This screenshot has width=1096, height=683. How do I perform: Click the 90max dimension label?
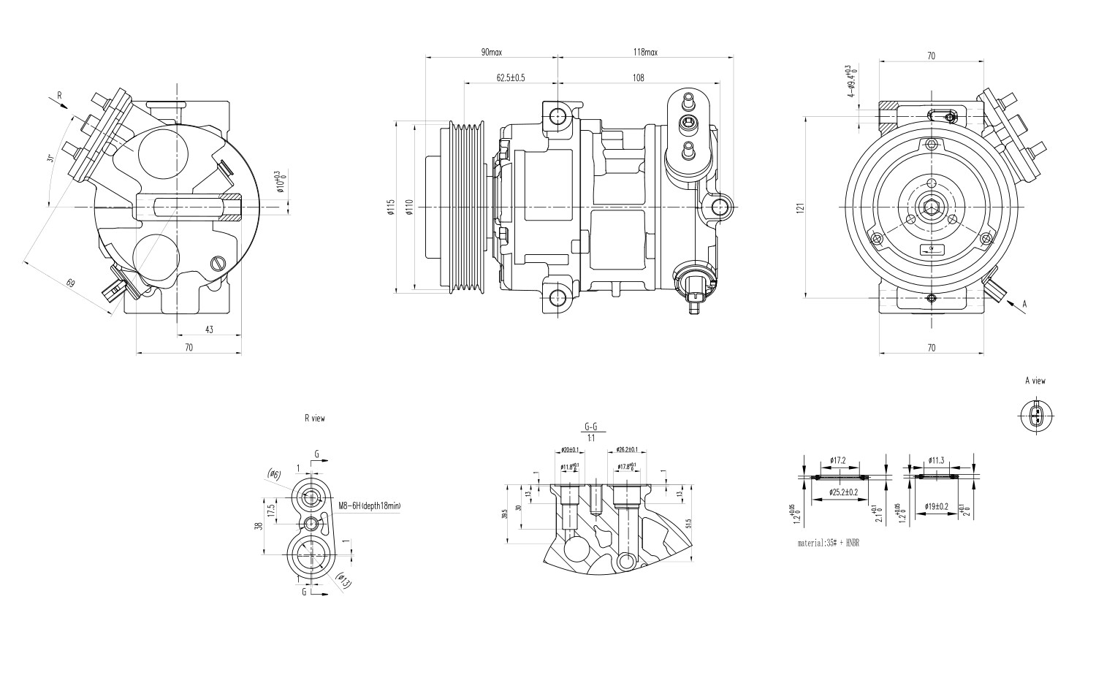point(491,53)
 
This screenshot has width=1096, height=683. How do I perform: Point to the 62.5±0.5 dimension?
point(511,77)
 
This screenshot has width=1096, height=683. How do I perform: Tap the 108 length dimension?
point(638,77)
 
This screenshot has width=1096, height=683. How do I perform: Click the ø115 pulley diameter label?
point(391,207)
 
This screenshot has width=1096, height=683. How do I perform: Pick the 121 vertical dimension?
point(801,207)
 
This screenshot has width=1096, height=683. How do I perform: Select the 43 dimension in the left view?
point(209,329)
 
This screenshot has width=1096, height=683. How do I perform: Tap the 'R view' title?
point(315,419)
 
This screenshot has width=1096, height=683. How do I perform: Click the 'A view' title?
point(1035,381)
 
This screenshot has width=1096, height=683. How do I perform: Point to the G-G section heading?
point(590,427)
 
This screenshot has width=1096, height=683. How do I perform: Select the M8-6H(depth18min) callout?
point(370,505)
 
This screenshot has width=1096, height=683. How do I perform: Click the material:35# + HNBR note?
point(828,543)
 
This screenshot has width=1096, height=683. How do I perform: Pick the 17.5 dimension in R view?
point(271,508)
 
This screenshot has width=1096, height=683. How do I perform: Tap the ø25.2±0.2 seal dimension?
point(839,492)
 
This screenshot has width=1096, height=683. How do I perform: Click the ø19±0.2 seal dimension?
point(936,505)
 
